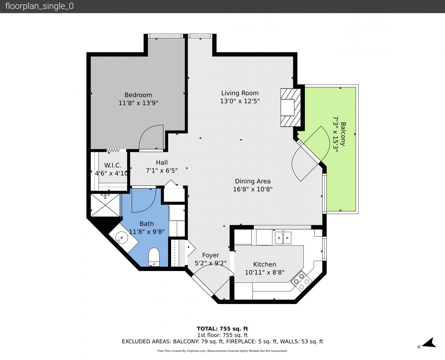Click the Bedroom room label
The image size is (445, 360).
click(x=138, y=95)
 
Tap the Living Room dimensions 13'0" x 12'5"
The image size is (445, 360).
click(x=240, y=101)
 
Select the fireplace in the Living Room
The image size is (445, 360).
click(x=291, y=108)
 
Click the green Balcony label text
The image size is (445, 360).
click(x=343, y=134)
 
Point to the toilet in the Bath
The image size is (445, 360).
click(x=154, y=257)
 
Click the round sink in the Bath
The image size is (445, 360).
click(x=121, y=238)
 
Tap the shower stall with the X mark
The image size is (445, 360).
click(x=105, y=205)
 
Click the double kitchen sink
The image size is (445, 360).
click(x=283, y=238)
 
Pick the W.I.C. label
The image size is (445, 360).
click(x=113, y=165)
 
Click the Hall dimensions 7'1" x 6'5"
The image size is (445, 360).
click(x=162, y=171)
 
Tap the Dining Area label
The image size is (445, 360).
click(x=253, y=181)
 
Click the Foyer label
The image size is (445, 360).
click(x=211, y=255)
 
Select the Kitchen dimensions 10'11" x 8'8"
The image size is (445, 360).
click(x=265, y=272)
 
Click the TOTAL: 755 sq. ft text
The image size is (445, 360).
click(x=223, y=329)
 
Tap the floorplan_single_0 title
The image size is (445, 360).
click(x=39, y=6)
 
